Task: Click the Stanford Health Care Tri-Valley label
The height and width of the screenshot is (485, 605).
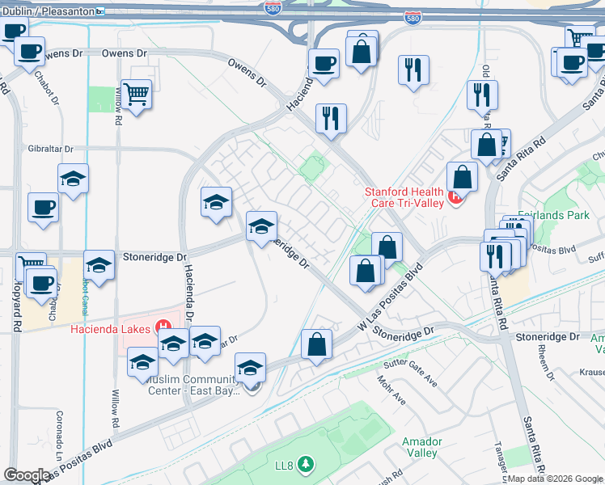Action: point(404,197)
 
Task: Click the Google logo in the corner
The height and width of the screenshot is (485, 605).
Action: point(27,475)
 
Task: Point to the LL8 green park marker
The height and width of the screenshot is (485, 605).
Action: point(305,464)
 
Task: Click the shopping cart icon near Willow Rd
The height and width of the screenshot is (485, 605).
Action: point(136,95)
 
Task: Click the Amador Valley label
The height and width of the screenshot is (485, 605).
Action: point(421,447)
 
